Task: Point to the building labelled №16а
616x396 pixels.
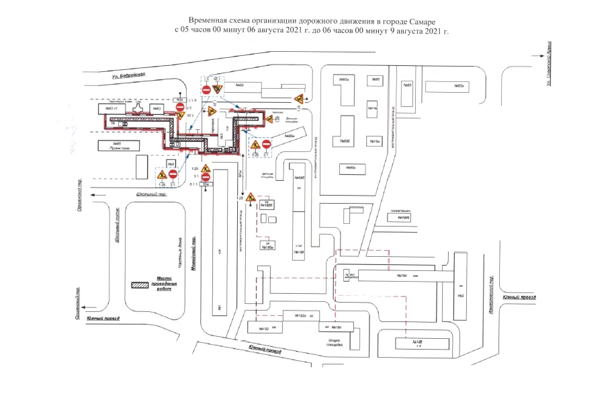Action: tap(374, 141)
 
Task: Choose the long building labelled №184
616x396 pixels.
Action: tap(402, 276)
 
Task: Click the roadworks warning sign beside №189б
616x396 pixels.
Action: tap(251, 198)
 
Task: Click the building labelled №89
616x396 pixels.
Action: tap(240, 85)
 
